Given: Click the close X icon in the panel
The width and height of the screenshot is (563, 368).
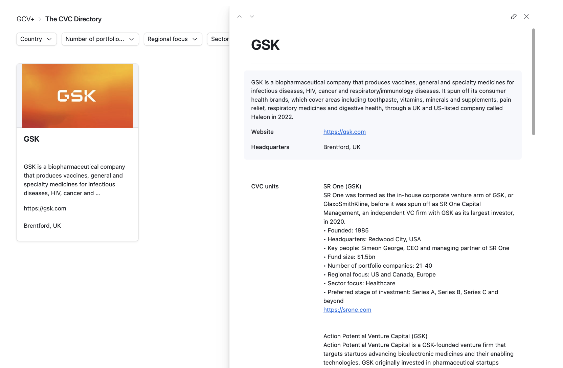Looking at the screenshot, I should pyautogui.click(x=526, y=16).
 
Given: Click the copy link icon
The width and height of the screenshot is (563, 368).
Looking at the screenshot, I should pyautogui.click(x=514, y=16).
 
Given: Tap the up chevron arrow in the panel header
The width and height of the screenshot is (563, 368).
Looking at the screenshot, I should pyautogui.click(x=240, y=16).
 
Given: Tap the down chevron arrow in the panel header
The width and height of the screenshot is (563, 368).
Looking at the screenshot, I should pyautogui.click(x=252, y=16).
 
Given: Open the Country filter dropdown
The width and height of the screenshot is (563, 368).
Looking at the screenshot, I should pyautogui.click(x=36, y=39).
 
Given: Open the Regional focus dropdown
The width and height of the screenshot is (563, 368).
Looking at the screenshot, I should pyautogui.click(x=173, y=39).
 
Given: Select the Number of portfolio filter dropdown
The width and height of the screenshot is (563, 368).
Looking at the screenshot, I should pyautogui.click(x=100, y=39).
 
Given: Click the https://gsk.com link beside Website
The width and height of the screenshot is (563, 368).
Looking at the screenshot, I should pyautogui.click(x=344, y=132).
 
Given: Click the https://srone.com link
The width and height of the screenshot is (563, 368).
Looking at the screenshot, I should pyautogui.click(x=347, y=310).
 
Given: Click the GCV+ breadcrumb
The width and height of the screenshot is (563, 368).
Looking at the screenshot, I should pyautogui.click(x=25, y=19).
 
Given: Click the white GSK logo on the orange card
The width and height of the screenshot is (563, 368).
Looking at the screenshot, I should pyautogui.click(x=77, y=96).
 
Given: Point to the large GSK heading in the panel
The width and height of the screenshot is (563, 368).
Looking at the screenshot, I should pyautogui.click(x=265, y=45).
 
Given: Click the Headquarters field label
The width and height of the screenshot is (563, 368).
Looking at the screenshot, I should pyautogui.click(x=270, y=147).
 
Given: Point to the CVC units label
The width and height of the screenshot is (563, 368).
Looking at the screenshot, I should pyautogui.click(x=265, y=186).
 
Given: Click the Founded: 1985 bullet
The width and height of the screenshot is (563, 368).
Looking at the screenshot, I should pyautogui.click(x=348, y=230).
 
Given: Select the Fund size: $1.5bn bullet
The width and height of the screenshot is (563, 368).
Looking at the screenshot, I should pyautogui.click(x=351, y=257).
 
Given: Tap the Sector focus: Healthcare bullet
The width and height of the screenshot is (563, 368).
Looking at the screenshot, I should pyautogui.click(x=361, y=283).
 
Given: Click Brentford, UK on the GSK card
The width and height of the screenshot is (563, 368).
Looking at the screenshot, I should pyautogui.click(x=42, y=226).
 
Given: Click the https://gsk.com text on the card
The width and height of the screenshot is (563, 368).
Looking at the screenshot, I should pyautogui.click(x=45, y=208).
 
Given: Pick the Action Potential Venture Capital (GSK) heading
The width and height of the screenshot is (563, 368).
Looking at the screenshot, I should pyautogui.click(x=375, y=336).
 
